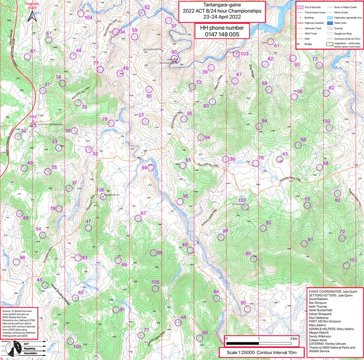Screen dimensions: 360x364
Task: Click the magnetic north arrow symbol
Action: pyautogui.click(x=32, y=17)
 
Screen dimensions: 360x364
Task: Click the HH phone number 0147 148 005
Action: pyautogui.click(x=222, y=35)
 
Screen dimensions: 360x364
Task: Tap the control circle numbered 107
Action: pyautogui.click(x=245, y=207)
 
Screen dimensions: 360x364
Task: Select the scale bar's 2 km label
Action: pyautogui.click(x=294, y=338)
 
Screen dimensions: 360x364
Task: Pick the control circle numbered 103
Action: pyautogui.click(x=237, y=54)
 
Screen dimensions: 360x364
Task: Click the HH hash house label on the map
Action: pyautogui.click(x=33, y=117)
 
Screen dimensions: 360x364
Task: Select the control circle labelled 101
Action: pyautogui.click(x=347, y=266)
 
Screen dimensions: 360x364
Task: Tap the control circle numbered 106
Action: pyautogui.click(x=103, y=197)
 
